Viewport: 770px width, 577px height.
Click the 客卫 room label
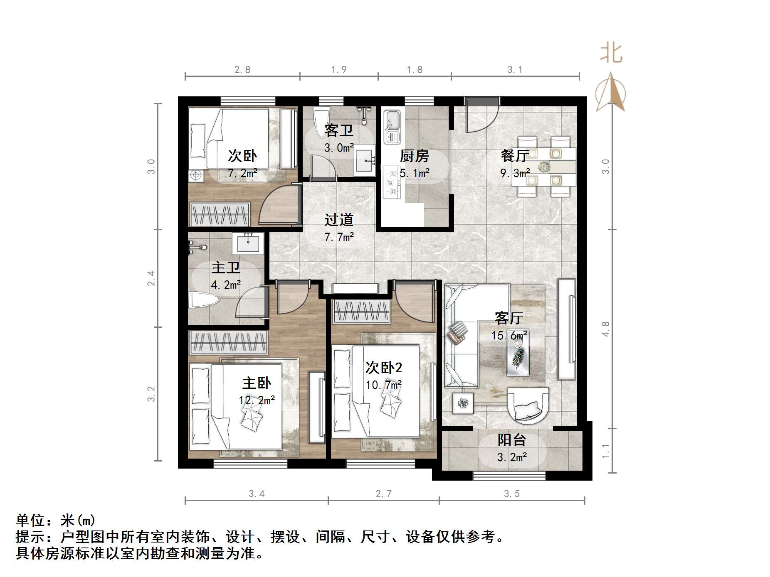pos(339,130)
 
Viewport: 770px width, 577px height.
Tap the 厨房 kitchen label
pos(414,156)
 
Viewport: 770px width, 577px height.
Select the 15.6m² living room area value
pos(509,335)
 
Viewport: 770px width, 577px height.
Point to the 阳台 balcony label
pos(512,440)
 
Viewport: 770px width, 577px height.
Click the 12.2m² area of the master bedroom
pos(257,400)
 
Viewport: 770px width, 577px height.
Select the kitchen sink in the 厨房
pos(392,126)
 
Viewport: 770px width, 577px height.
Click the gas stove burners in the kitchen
pos(391,181)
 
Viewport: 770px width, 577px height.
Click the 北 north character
pos(611,54)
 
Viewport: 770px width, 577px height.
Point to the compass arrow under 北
pos(610,92)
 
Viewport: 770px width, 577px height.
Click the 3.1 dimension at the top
pos(515,70)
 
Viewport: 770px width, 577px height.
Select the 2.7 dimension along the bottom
pos(383,494)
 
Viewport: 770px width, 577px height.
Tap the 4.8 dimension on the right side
pos(605,329)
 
